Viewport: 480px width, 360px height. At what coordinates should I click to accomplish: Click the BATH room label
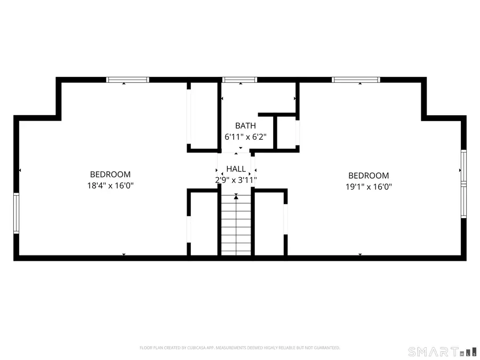(245, 126)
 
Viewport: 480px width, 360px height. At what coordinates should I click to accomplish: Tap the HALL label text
(236, 169)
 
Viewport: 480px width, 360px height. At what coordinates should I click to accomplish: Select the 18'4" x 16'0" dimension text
(110, 186)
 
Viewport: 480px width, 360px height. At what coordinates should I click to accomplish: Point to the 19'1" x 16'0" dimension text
(368, 187)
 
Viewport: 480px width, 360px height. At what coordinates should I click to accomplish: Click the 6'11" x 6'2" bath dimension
(245, 137)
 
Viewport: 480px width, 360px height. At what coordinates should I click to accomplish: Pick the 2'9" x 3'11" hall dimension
(236, 180)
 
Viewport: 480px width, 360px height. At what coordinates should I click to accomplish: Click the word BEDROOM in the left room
(110, 174)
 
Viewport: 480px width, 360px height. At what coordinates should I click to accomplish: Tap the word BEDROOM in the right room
(368, 175)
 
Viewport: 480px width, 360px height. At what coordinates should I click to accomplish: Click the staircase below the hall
(235, 227)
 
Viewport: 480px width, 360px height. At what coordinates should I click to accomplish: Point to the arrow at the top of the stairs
(236, 197)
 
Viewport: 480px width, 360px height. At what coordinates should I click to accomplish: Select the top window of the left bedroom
(127, 80)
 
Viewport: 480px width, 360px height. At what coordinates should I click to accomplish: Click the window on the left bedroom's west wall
(17, 213)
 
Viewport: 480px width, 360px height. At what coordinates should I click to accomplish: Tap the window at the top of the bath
(239, 80)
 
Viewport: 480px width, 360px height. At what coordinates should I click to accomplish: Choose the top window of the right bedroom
(356, 80)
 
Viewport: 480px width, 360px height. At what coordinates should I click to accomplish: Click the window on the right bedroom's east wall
(463, 183)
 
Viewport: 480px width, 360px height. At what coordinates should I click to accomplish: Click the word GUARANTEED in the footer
(326, 348)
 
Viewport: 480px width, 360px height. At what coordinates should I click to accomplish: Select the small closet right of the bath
(286, 132)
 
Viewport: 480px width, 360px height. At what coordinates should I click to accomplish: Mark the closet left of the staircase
(203, 224)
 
